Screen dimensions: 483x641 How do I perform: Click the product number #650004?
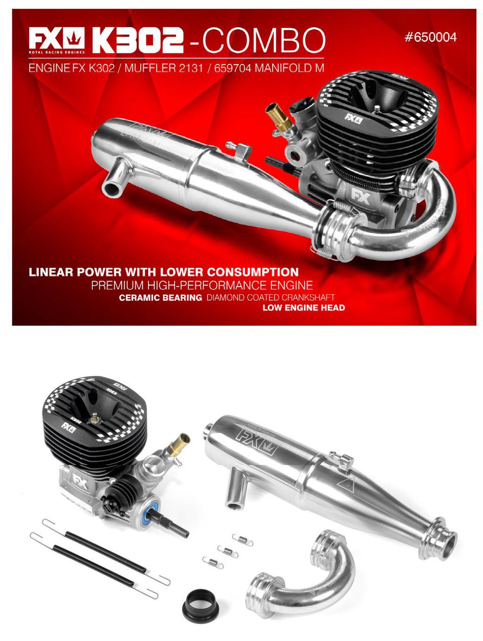(x=430, y=37)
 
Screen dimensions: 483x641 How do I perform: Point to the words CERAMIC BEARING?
(x=160, y=297)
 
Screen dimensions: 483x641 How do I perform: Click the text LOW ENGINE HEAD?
(x=303, y=307)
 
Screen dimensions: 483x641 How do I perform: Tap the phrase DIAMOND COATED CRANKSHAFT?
(x=270, y=297)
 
